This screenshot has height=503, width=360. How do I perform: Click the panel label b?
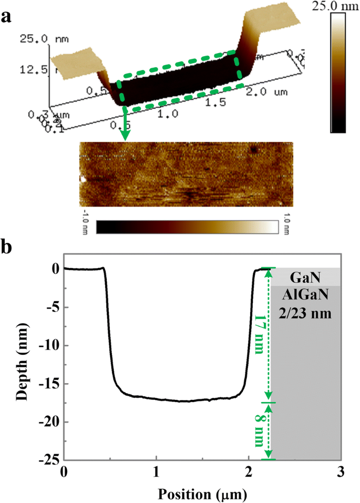(x=7, y=247)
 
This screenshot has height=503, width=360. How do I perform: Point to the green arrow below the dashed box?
(x=125, y=124)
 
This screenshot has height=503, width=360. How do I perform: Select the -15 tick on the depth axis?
(x=49, y=384)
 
